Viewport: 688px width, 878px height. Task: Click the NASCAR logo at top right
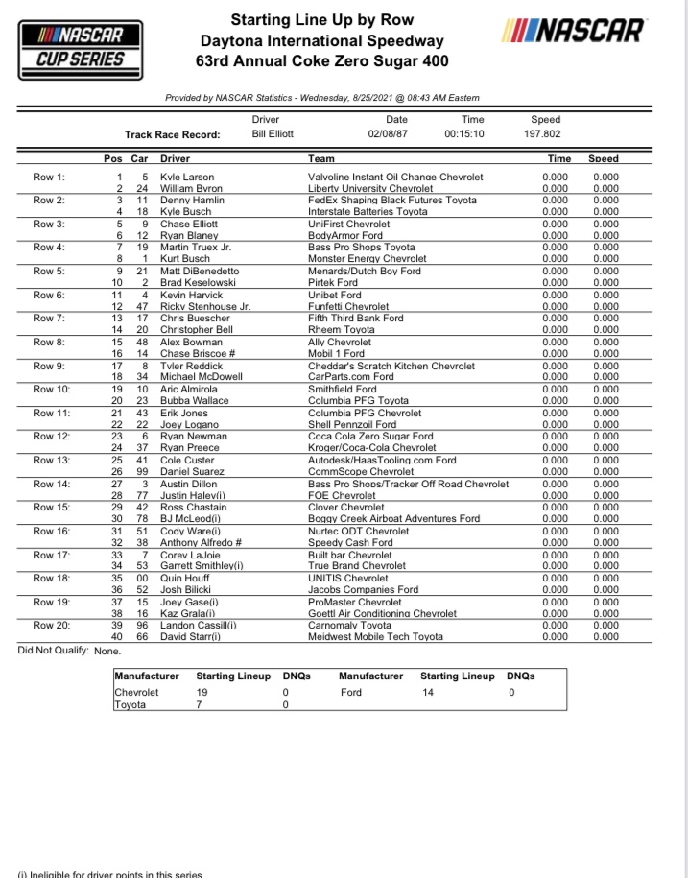click(572, 31)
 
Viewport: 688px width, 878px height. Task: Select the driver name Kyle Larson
click(187, 178)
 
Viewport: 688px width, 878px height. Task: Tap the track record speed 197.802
click(542, 134)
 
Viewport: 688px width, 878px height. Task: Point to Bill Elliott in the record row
click(273, 134)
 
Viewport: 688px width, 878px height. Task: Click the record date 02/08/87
click(388, 134)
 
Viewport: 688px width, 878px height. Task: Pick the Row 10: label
click(51, 390)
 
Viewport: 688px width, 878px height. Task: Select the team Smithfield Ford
click(342, 390)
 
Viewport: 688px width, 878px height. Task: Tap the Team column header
click(321, 158)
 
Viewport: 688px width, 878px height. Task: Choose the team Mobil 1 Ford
click(336, 354)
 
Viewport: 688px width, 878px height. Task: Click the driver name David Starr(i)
click(191, 636)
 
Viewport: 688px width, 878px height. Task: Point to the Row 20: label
click(51, 625)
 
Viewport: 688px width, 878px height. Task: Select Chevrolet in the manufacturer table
click(136, 691)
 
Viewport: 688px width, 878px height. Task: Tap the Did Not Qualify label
click(54, 651)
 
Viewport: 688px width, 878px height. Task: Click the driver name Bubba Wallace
click(194, 401)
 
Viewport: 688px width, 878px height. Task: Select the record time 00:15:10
click(464, 134)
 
